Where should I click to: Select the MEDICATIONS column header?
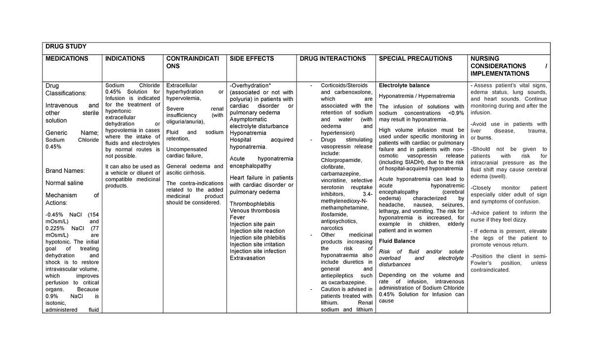[67, 59]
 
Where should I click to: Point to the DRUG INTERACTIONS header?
[333, 59]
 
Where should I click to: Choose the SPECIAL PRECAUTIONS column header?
[415, 59]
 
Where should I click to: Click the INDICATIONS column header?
[125, 59]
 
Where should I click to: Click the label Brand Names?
[65, 171]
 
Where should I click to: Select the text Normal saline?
[64, 183]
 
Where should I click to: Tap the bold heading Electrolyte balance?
[404, 85]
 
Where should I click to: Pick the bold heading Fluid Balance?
[397, 241]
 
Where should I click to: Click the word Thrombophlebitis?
[252, 203]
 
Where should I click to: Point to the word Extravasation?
[248, 258]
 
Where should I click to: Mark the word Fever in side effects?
[237, 217]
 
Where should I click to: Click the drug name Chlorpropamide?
[341, 160]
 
